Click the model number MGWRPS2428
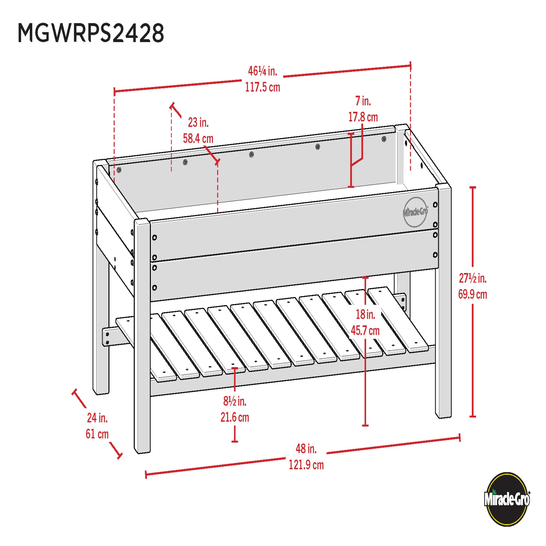[x=91, y=33]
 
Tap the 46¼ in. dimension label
[x=262, y=71]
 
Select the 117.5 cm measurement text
[x=262, y=87]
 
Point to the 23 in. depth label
[x=198, y=123]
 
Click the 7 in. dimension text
[x=363, y=101]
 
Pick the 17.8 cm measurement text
[x=363, y=117]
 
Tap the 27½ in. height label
[x=473, y=279]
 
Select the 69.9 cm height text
[x=473, y=295]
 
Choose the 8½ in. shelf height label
[x=235, y=401]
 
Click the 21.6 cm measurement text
[x=235, y=417]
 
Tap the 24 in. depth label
[x=97, y=418]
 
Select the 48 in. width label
[x=306, y=449]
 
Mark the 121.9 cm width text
[x=306, y=465]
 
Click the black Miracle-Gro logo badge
[x=507, y=499]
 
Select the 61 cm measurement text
[x=97, y=434]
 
